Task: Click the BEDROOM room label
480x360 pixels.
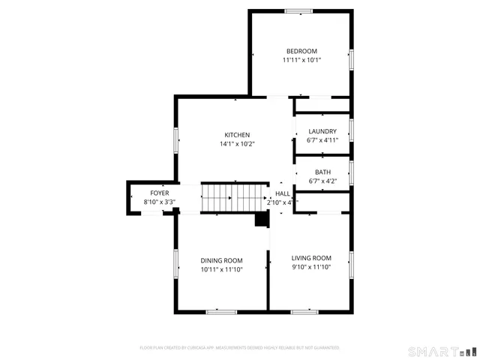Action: coord(301,50)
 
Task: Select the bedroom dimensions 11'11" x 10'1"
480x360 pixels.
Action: coord(301,60)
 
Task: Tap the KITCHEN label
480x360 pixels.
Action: coord(237,135)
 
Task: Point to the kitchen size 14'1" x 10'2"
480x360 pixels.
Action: coord(237,144)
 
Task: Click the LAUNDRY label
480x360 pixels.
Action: coord(322,131)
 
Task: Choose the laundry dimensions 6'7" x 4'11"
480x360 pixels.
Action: coord(322,140)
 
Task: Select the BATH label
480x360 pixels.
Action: coord(322,172)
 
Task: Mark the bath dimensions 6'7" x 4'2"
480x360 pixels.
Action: coord(322,181)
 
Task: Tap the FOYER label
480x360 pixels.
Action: coord(159,193)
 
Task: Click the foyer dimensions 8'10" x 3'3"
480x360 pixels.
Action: coord(159,202)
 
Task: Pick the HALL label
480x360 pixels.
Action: coord(282,193)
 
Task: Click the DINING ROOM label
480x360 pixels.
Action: coord(221,259)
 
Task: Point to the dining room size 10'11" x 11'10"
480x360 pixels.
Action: coord(221,269)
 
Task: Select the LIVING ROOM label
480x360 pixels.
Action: coord(311,257)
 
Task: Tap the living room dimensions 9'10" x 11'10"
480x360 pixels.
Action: coord(311,267)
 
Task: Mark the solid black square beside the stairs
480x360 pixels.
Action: coord(262,218)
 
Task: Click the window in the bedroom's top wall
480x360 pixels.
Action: coord(298,10)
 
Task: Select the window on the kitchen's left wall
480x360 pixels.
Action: coord(176,140)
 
